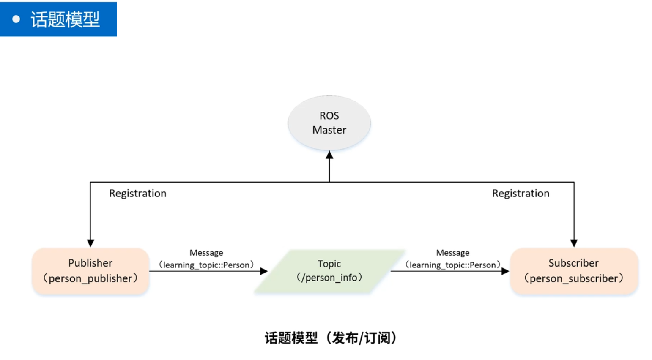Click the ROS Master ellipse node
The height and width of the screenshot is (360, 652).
click(329, 123)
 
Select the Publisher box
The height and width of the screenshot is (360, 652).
click(90, 271)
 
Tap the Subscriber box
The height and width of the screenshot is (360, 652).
click(573, 271)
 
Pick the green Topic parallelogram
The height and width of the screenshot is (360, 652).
click(329, 271)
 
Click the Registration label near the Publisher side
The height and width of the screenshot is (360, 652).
click(137, 194)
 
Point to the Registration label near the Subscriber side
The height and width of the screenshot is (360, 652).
click(521, 194)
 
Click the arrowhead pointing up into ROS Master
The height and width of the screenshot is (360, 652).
click(329, 155)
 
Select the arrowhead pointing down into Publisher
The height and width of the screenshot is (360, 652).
click(90, 243)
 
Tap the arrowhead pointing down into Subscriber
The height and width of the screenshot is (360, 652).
click(574, 243)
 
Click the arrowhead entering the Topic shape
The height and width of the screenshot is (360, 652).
click(264, 271)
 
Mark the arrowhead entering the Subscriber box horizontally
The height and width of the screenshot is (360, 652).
click(505, 271)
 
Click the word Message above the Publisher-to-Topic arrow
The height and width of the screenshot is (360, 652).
click(206, 253)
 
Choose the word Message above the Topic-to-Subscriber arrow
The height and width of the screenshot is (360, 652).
click(452, 253)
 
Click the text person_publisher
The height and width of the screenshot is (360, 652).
click(90, 278)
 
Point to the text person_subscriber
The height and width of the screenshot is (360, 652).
click(573, 278)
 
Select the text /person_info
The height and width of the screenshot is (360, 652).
click(329, 278)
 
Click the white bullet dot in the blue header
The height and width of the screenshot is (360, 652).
click(16, 19)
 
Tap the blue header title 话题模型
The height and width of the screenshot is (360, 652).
click(65, 19)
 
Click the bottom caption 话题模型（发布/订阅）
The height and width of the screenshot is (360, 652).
click(331, 338)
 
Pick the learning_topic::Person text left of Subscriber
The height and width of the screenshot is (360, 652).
click(452, 265)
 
